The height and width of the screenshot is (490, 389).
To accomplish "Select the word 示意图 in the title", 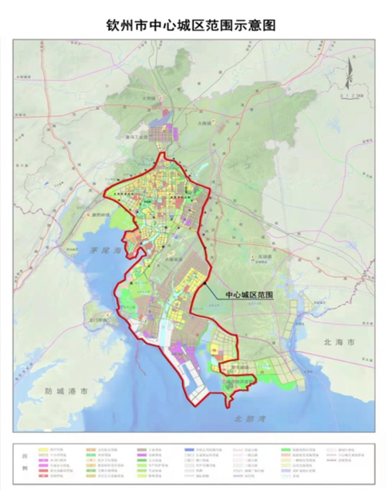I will tap(258, 26).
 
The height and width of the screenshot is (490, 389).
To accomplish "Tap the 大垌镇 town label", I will tap(151, 99).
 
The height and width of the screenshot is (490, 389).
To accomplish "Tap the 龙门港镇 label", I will tap(101, 320).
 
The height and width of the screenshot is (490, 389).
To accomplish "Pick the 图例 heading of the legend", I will tap(25, 460).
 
